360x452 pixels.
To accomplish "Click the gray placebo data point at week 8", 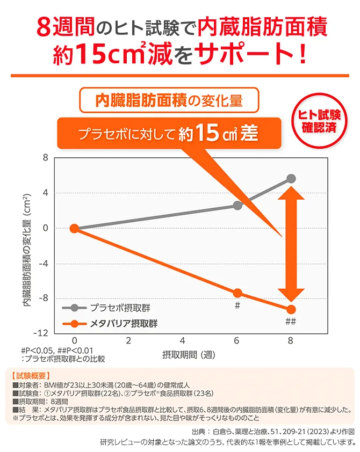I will click(x=291, y=179).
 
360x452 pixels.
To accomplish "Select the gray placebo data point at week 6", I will click(x=237, y=206).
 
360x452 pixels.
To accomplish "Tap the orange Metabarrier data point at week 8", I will click(x=291, y=309).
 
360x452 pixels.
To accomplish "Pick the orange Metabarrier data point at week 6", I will click(x=237, y=293).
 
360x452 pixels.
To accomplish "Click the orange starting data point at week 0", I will click(x=75, y=228).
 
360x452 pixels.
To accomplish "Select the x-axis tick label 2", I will click(x=129, y=341).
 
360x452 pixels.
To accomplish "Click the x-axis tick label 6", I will click(x=237, y=341).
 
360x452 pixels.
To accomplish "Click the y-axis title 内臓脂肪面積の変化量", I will click(x=26, y=250).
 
